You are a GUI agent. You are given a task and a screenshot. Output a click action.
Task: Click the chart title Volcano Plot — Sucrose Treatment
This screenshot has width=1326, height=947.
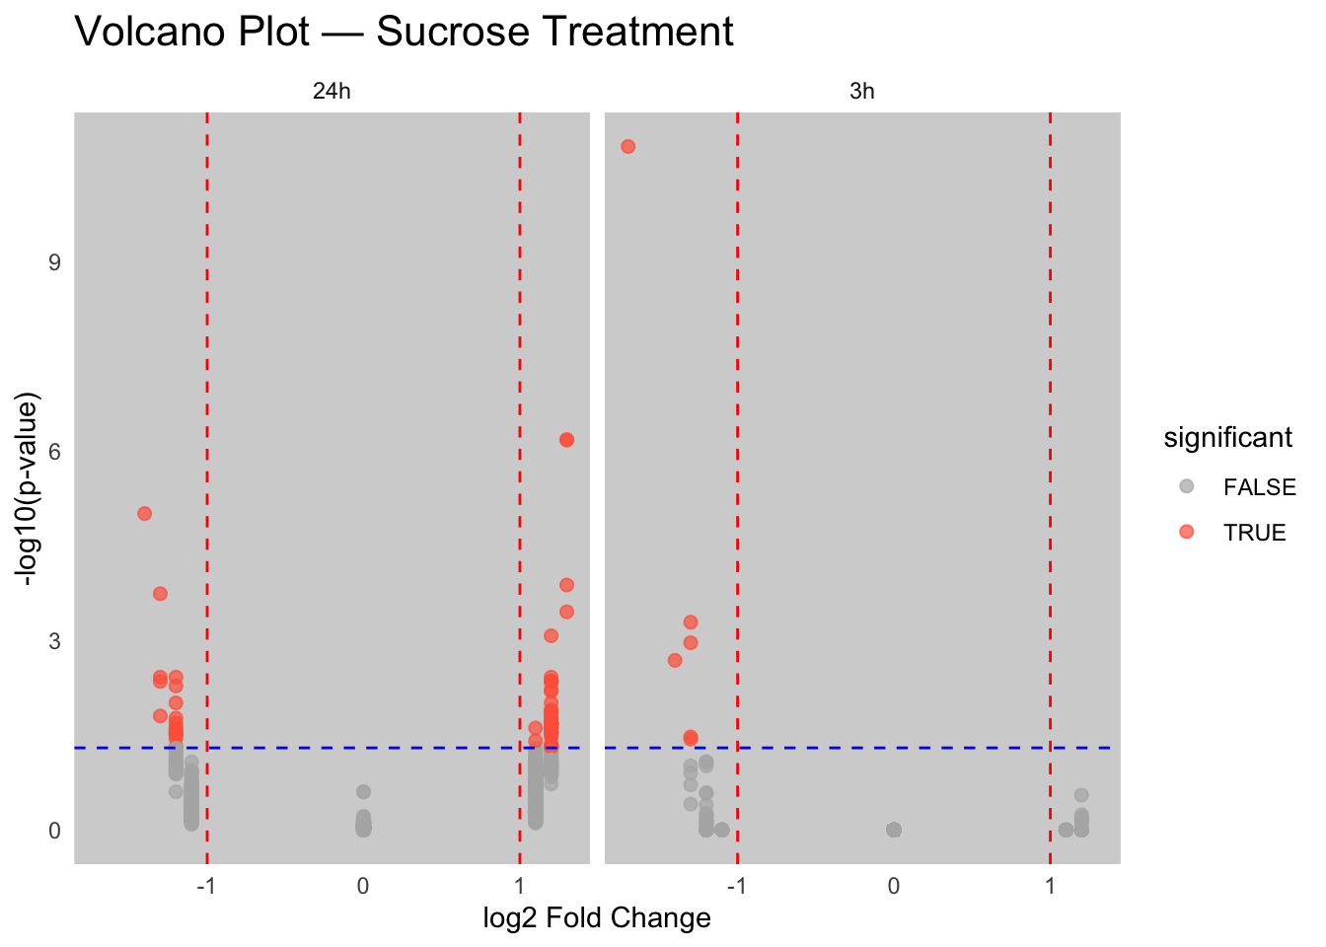404,32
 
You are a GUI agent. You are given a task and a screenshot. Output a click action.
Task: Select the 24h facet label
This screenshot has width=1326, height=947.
331,92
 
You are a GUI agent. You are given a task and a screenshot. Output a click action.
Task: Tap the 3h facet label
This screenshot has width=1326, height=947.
861,92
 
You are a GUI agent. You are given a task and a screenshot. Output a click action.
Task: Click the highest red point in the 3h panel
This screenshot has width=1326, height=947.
627,147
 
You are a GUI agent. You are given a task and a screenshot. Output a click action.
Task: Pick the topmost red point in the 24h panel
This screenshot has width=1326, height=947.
566,440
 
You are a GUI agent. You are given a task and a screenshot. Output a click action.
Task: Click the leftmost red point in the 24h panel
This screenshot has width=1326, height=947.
144,513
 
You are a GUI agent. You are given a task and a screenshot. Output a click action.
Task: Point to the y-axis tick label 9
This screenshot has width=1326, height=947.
54,262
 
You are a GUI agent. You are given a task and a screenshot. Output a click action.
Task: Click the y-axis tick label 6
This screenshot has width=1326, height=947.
54,452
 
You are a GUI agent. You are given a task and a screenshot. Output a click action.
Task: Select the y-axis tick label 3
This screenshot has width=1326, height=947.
54,641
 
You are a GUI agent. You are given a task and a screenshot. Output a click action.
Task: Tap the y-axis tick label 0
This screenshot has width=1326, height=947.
54,831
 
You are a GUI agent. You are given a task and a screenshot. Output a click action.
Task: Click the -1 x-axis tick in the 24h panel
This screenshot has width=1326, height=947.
206,886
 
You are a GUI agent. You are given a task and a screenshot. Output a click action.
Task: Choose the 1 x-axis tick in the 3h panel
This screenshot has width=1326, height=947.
1050,886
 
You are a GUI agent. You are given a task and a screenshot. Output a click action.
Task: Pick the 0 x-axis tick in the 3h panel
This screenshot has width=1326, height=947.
893,886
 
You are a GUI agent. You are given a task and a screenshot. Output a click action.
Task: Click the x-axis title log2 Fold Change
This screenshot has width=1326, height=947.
597,918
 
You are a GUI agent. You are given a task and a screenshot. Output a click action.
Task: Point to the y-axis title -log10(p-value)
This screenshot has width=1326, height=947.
30,490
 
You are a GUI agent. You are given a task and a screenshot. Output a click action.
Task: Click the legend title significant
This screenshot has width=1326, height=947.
1227,438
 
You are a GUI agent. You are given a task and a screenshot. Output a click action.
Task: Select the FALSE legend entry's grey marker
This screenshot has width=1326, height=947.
1186,486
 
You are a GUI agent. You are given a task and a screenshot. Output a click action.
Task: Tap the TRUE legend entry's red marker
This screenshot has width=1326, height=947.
1186,532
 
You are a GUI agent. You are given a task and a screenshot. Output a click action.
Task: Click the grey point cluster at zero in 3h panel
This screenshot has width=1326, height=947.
893,830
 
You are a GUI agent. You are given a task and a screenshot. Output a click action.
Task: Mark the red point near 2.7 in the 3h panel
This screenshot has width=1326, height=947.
675,660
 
